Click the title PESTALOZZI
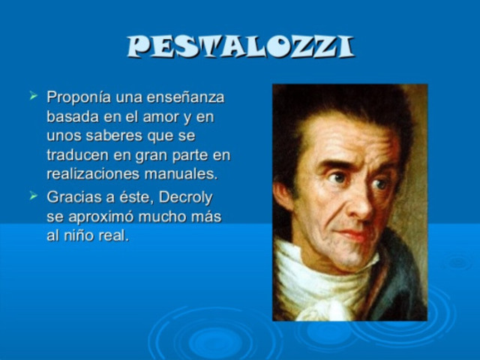tap(239, 47)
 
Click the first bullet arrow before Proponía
tap(33, 96)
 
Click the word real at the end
tap(115, 235)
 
